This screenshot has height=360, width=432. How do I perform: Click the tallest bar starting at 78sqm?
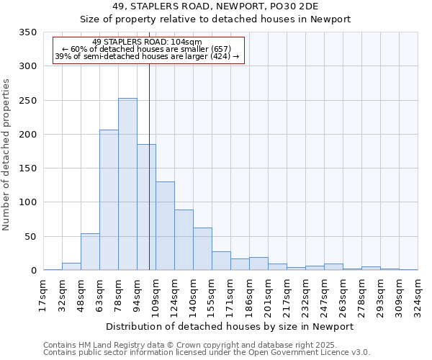[x=127, y=184]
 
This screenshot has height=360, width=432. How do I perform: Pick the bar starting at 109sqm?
[x=165, y=226]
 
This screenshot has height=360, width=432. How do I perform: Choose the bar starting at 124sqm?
[x=184, y=240]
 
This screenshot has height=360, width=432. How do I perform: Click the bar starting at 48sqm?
[x=90, y=252]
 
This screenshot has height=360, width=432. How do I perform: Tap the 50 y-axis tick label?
[x=31, y=237]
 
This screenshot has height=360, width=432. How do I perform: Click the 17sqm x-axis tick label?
[x=44, y=294]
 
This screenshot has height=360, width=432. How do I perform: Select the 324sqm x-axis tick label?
[x=418, y=294]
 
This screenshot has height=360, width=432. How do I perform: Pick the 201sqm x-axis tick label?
[x=269, y=294]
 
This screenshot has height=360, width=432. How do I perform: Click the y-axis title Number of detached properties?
[x=6, y=155]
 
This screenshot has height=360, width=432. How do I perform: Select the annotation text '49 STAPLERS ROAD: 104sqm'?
[x=148, y=42]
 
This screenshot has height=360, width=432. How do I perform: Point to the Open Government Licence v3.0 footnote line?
[x=207, y=353]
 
